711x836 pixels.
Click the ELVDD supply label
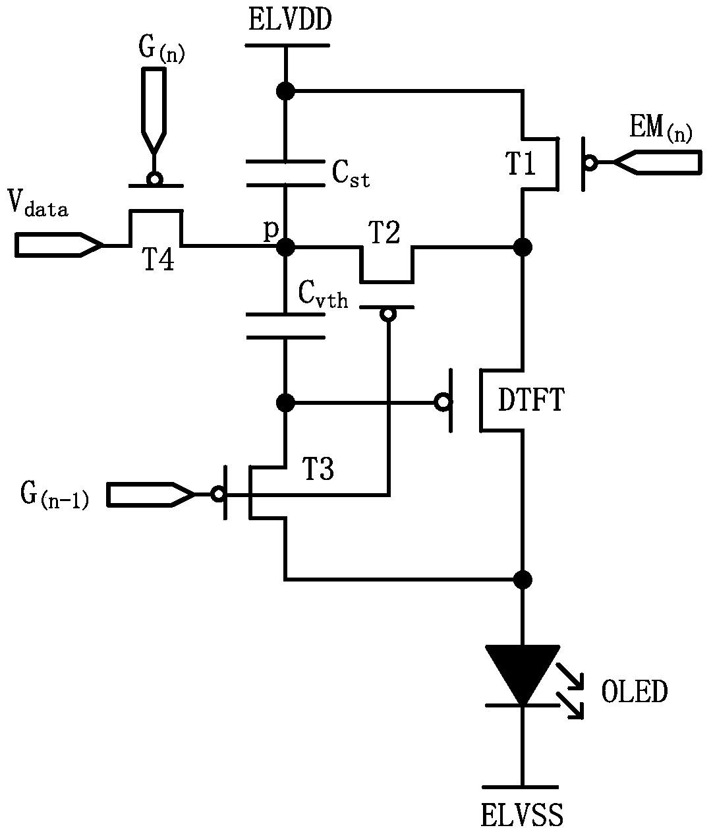[290, 20]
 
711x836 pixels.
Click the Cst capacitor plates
[286, 173]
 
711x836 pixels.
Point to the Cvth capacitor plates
[286, 326]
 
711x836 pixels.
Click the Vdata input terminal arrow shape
[59, 245]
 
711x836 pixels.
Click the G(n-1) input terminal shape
[151, 494]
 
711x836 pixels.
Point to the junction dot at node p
[286, 247]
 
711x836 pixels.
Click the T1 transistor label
[520, 164]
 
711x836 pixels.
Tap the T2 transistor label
[384, 232]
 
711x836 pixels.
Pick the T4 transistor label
[158, 259]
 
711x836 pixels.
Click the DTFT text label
[530, 400]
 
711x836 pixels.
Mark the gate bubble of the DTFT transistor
[443, 402]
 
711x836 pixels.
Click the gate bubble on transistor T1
[590, 163]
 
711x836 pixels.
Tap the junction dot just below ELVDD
[286, 91]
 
